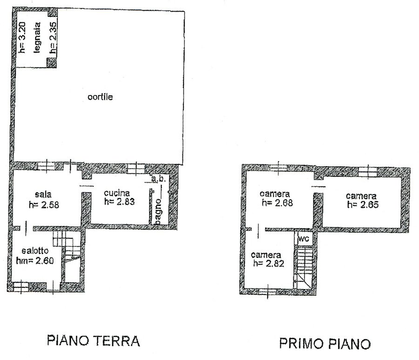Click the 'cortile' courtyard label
click(100, 97)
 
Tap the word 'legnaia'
click(37, 38)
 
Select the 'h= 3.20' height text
click(22, 37)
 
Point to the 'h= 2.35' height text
click(53, 37)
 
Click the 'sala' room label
click(43, 194)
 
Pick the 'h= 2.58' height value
click(44, 205)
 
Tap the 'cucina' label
click(117, 193)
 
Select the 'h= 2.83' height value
click(119, 202)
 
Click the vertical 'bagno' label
click(158, 212)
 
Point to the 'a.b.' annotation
click(158, 179)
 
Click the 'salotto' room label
click(35, 251)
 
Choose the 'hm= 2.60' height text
click(35, 260)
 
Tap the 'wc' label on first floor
click(303, 238)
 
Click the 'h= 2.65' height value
click(363, 205)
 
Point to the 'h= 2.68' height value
click(277, 203)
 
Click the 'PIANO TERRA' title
click(94, 341)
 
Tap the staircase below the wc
click(304, 267)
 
